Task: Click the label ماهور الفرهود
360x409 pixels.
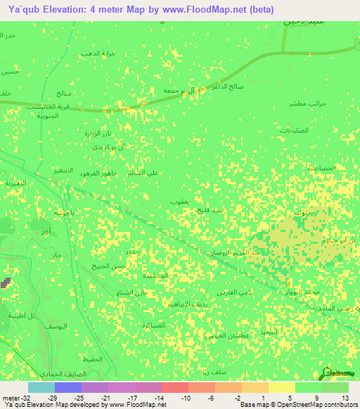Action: click(x=98, y=173)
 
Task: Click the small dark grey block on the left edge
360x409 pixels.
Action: click(x=6, y=282)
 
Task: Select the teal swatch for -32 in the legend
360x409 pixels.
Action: click(x=41, y=387)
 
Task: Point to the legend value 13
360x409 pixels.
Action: click(x=345, y=398)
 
